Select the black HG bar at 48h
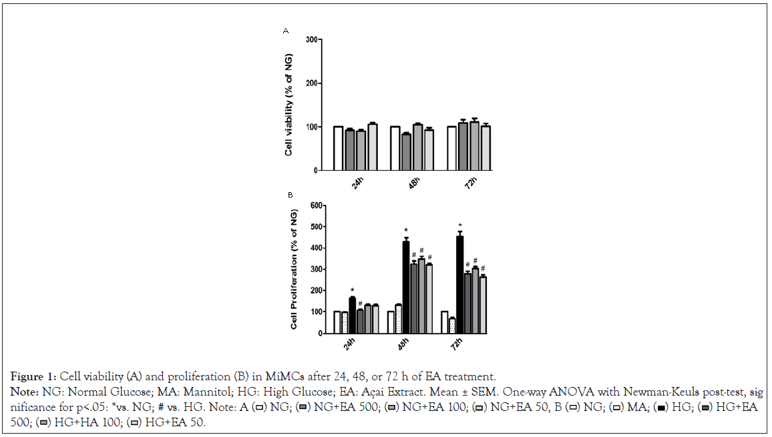pos(405,287)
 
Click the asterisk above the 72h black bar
pos(459,226)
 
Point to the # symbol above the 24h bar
pos(360,304)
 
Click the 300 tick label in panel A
pos(309,40)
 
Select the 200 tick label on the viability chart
pos(309,83)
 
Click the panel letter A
pos(286,31)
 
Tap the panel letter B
pos(290,195)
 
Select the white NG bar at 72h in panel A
pos(451,148)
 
